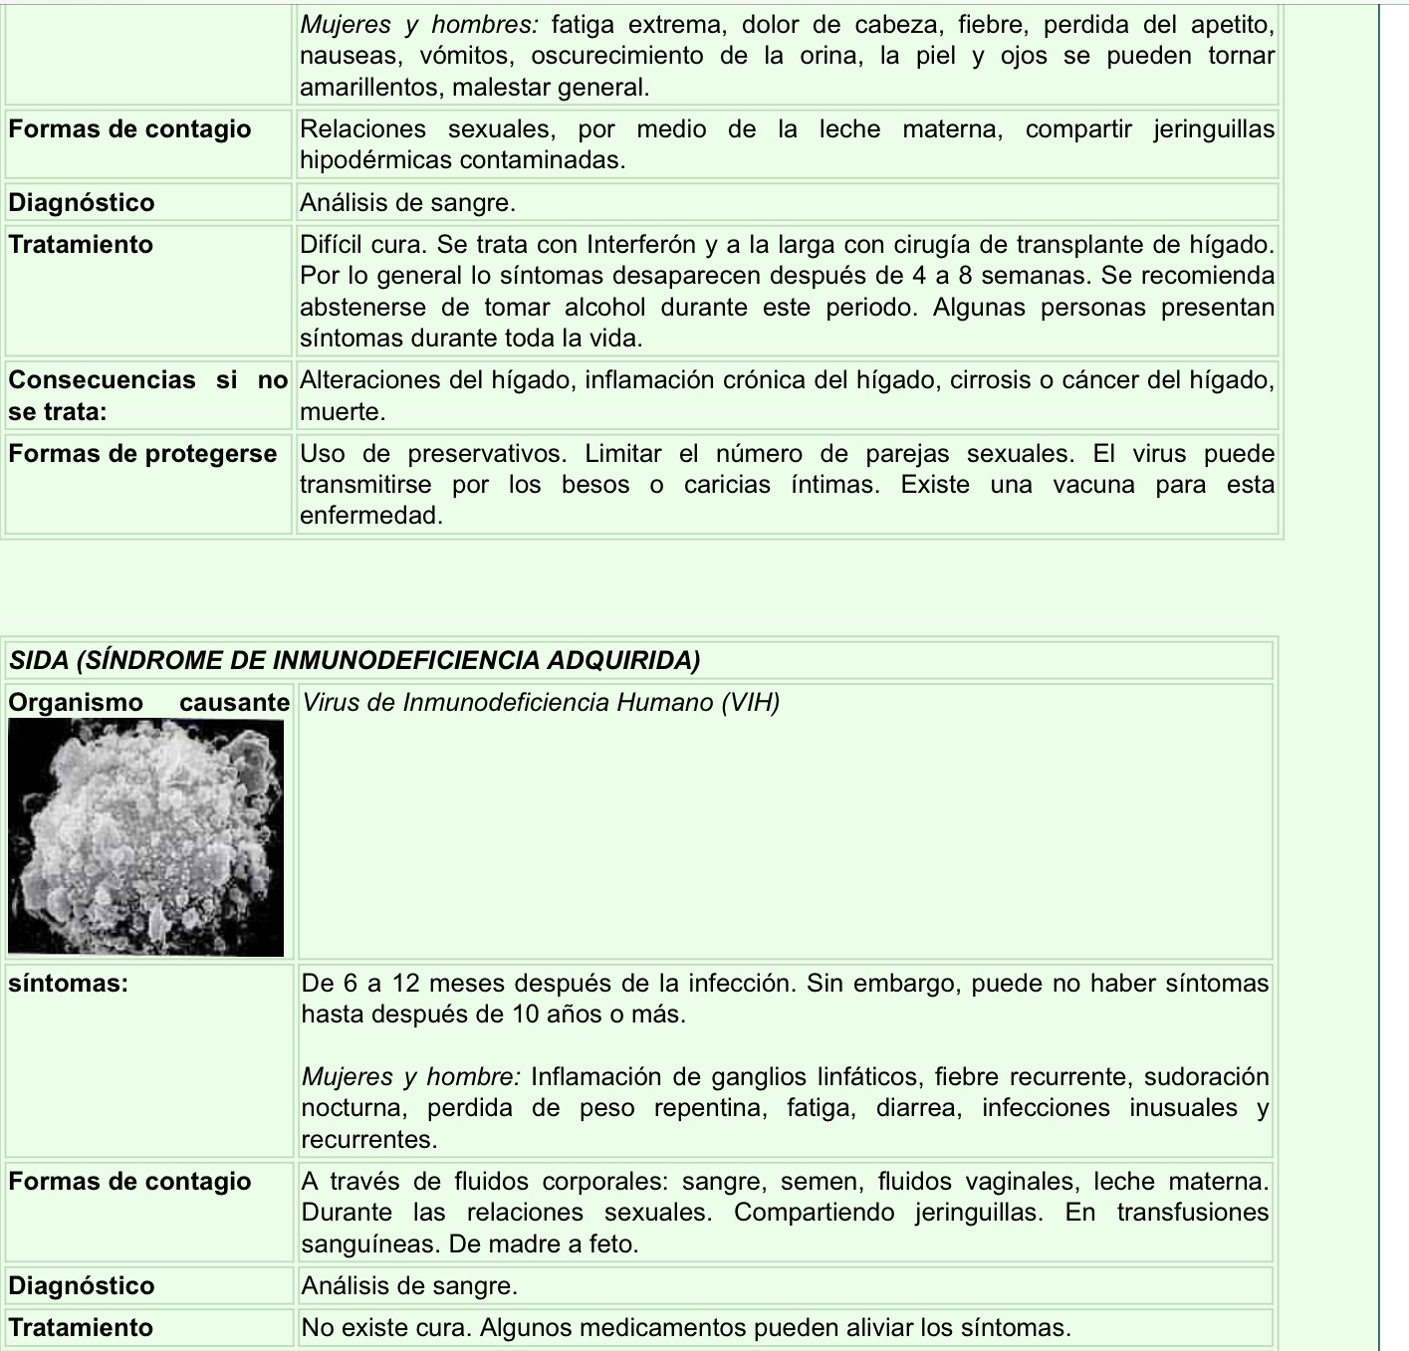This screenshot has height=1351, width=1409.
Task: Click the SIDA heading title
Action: [x=354, y=660]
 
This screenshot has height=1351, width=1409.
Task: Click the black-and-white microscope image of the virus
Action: [x=145, y=836]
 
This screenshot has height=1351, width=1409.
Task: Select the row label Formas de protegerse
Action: [x=142, y=454]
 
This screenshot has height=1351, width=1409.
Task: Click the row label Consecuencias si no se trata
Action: [x=147, y=395]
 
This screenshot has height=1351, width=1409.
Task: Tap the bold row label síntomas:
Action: [x=69, y=984]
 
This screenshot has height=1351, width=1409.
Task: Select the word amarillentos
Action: [x=372, y=88]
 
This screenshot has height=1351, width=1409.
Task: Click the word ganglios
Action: [x=795, y=1077]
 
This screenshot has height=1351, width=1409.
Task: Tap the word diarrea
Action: [x=918, y=1108]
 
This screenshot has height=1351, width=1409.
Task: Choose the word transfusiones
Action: [x=1192, y=1213]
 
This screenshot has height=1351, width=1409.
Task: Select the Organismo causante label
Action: [x=148, y=703]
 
